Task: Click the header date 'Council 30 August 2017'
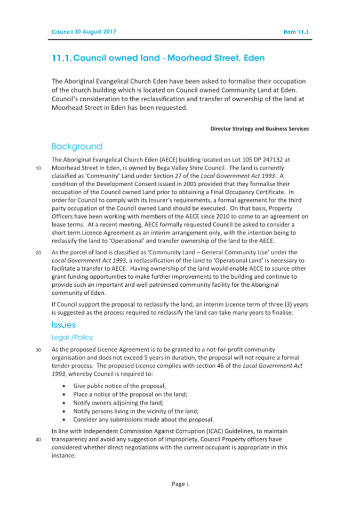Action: (84, 31)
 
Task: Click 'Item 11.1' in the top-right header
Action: (295, 32)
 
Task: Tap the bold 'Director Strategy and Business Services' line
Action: (259, 128)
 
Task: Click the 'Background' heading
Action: (76, 146)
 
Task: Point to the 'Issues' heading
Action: (63, 325)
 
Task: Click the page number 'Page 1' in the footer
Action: (180, 484)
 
